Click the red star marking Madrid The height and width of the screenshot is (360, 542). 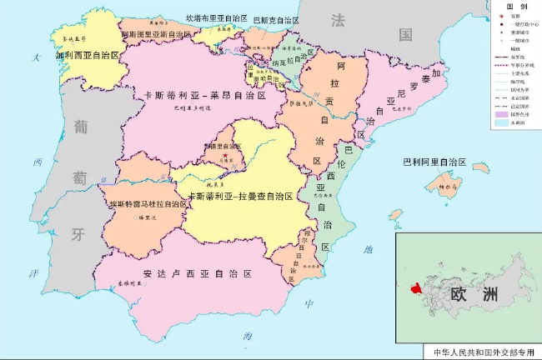click(223, 154)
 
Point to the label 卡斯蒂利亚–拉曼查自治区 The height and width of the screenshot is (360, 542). click(240, 197)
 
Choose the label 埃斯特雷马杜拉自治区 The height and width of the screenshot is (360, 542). click(148, 203)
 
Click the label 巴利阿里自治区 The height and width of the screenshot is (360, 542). click(433, 162)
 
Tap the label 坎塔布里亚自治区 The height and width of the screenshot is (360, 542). click(216, 17)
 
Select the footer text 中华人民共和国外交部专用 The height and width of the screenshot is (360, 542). click(480, 352)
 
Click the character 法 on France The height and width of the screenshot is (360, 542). click(339, 20)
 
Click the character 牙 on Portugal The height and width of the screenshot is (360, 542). click(79, 234)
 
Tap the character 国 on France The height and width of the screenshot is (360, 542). click(405, 35)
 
